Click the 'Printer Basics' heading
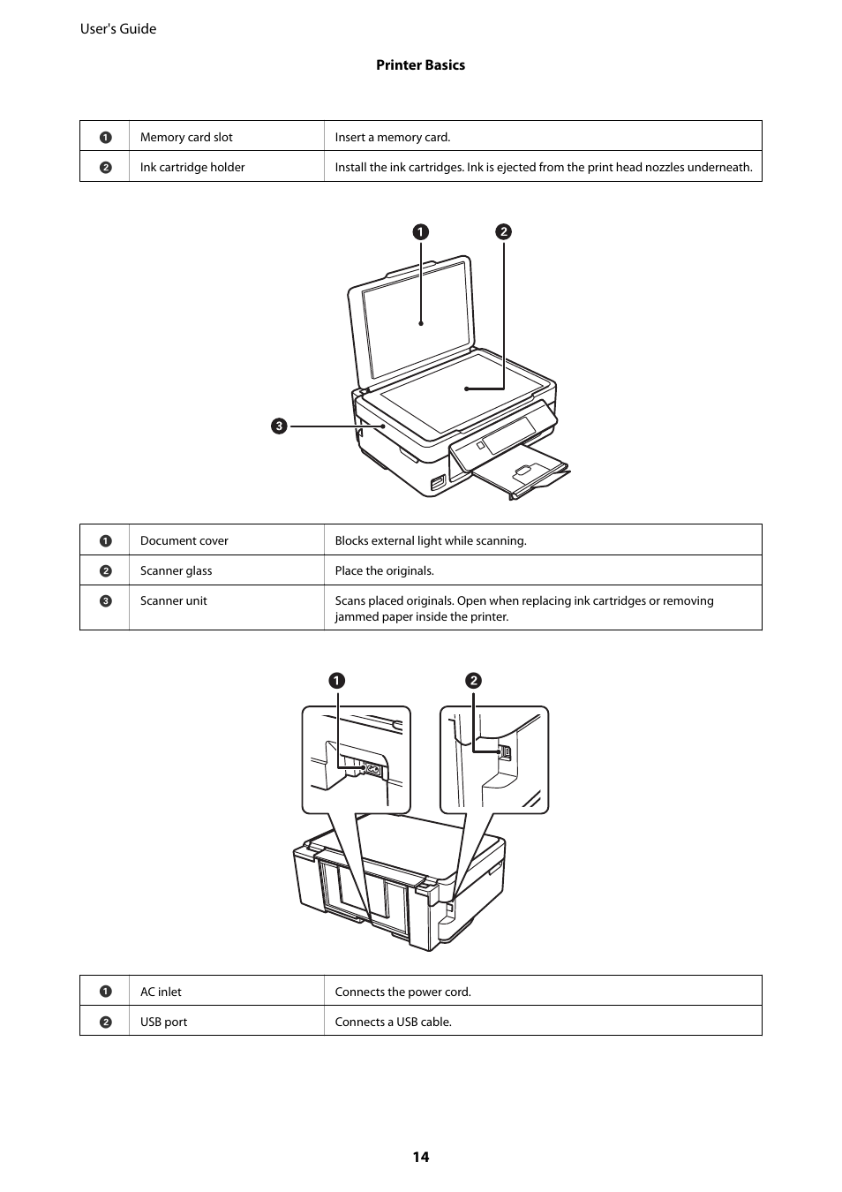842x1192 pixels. coord(420,65)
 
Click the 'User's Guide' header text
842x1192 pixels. coord(118,29)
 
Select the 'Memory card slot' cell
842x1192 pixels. coord(186,137)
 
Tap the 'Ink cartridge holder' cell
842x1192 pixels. coord(192,167)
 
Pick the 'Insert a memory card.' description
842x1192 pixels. coord(393,137)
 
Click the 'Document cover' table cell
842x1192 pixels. coord(184,540)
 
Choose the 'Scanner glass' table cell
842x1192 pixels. coord(177,570)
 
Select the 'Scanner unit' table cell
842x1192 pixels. coord(174,600)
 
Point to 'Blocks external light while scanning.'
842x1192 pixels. coord(431,540)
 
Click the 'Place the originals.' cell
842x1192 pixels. coord(385,570)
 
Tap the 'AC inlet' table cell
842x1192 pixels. coord(162,992)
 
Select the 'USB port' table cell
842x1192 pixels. coord(164,1022)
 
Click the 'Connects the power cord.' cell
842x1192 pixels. coord(403,992)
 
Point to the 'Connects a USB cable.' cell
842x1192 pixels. coord(394,1022)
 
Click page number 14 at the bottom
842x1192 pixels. coord(420,1157)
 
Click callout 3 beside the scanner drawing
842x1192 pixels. coord(279,426)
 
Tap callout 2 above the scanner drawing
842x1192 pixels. coord(503,232)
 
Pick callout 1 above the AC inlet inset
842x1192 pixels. coord(337,681)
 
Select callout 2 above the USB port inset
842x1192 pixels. coord(474,681)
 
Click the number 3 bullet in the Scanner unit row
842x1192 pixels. coord(105,601)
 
